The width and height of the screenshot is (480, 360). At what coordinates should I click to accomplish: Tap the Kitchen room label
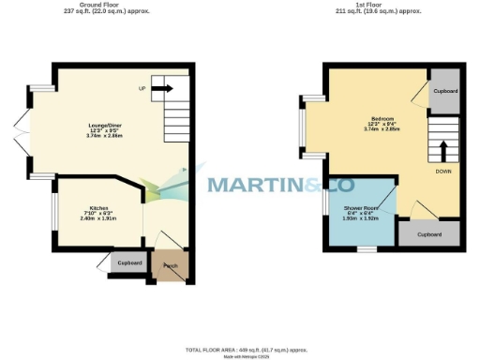[x=99, y=208]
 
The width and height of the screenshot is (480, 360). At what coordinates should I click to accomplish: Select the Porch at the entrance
[x=171, y=266]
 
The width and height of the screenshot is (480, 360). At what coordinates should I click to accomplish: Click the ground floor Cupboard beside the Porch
[x=129, y=262]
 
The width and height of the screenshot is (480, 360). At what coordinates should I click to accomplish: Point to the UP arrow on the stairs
[x=162, y=89]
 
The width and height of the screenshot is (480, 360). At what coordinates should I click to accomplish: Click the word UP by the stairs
[x=142, y=89]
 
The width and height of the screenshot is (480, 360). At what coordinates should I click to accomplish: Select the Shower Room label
[x=359, y=207]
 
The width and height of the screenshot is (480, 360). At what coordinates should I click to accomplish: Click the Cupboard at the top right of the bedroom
[x=444, y=91]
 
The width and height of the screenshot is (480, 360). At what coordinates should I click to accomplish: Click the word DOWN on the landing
[x=444, y=172]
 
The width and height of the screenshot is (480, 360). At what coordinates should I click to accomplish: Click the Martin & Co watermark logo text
[x=266, y=184]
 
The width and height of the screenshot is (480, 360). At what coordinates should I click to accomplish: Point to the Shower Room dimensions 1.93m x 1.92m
[x=359, y=217]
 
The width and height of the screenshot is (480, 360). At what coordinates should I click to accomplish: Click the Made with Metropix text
[x=247, y=356]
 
